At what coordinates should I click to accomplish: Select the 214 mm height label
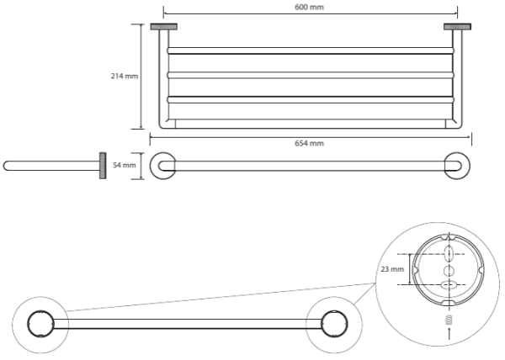pos(125,77)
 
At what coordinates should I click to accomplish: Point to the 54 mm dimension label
pos(124,166)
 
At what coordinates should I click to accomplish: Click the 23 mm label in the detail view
pos(392,270)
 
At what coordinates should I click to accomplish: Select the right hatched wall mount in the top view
pos(459,27)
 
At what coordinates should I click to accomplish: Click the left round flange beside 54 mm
pos(163,165)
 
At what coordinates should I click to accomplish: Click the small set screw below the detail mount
pos(448,320)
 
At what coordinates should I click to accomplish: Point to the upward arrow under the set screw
pos(448,334)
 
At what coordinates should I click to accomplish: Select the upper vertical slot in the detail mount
pos(448,253)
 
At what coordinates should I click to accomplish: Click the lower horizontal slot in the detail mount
pos(448,286)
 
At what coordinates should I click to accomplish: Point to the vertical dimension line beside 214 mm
pos(141,77)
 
